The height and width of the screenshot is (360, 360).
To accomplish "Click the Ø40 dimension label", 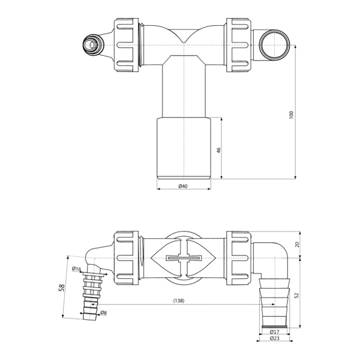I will point(184,187).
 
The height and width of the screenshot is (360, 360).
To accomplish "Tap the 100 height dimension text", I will point(292,115).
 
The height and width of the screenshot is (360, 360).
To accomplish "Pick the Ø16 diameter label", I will point(76,268).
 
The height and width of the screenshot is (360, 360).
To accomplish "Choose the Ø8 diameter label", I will point(103,313).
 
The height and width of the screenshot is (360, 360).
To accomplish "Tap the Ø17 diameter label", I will point(274,331).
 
